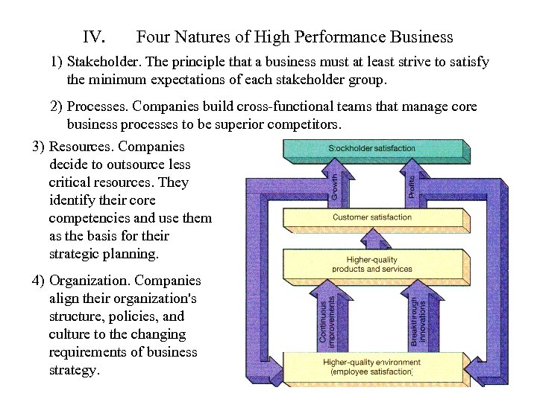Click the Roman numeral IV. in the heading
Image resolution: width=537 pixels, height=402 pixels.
point(95,36)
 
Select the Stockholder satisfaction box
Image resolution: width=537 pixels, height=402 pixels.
point(372,149)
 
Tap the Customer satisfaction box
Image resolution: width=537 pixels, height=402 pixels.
point(372,217)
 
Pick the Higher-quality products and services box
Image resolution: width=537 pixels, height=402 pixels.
point(372,264)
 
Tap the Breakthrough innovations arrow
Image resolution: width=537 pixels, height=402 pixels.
point(419,316)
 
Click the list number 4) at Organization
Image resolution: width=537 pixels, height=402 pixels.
point(38,281)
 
